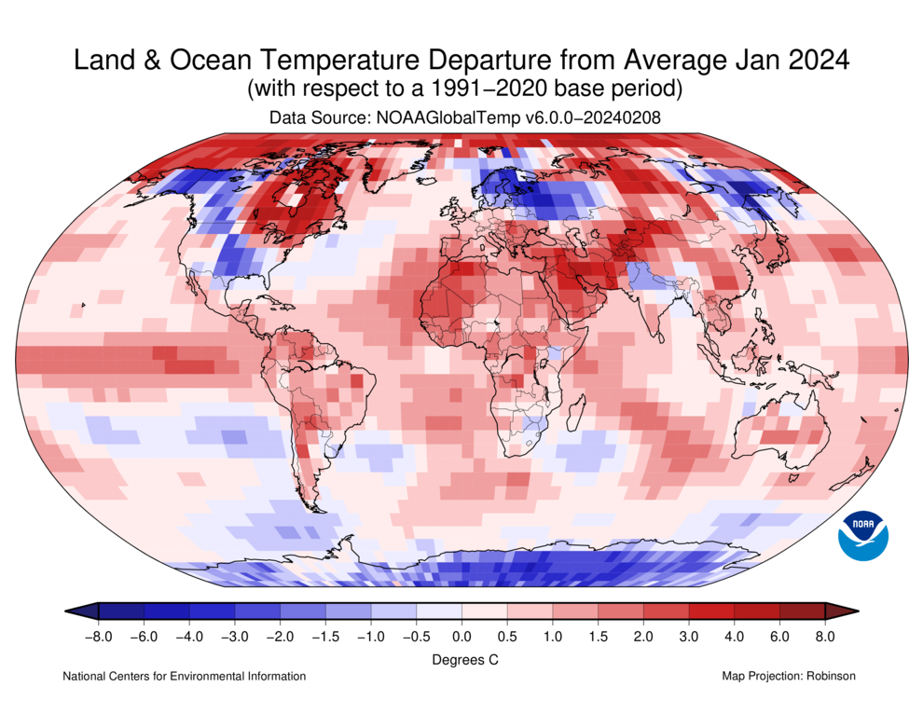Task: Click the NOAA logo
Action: click(x=863, y=536)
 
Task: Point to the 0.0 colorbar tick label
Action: click(x=461, y=637)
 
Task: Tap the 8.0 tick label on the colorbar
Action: click(x=825, y=637)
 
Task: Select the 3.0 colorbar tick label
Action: click(x=689, y=637)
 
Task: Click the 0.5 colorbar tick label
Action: click(x=506, y=637)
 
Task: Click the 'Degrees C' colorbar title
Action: click(x=461, y=659)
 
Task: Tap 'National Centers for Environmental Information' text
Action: click(x=184, y=676)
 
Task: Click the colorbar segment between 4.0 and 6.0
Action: click(x=757, y=611)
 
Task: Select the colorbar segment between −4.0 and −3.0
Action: click(x=212, y=611)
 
